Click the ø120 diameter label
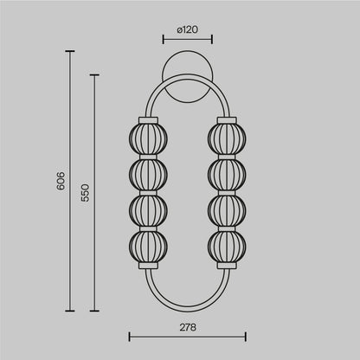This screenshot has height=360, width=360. (186, 30)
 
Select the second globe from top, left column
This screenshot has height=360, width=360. (147, 170)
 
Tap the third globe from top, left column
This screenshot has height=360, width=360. (147, 207)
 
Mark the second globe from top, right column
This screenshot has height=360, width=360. (225, 170)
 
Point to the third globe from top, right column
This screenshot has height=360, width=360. (225, 207)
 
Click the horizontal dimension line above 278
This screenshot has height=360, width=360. (187, 335)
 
